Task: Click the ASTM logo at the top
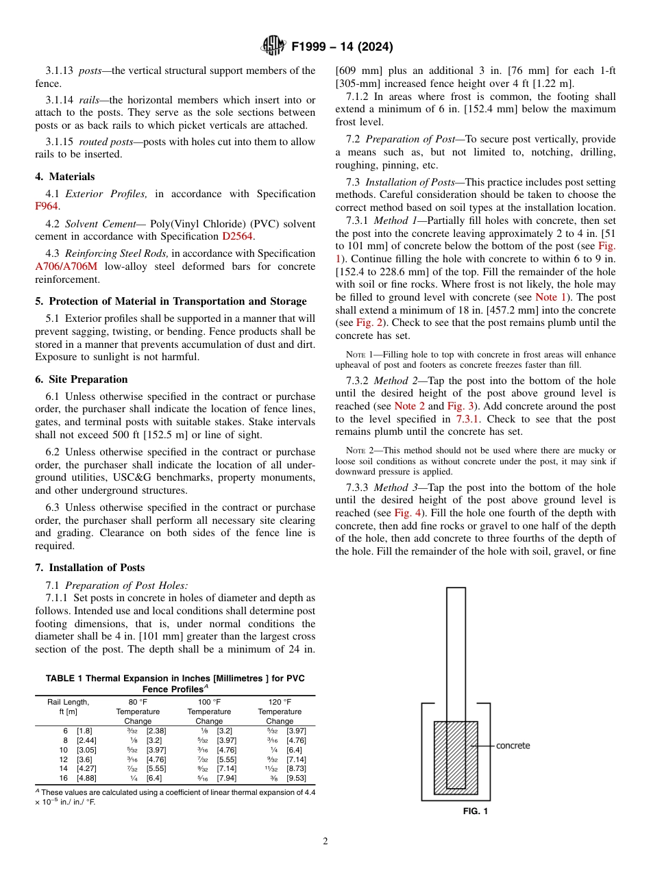274,47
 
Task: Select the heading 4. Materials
65,177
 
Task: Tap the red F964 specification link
47,206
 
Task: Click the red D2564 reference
237,236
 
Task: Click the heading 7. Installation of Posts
90,568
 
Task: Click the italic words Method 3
395,488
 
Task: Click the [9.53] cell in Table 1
296,779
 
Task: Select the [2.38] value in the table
156,731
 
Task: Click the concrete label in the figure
513,746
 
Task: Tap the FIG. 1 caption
475,811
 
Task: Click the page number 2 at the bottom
325,842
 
